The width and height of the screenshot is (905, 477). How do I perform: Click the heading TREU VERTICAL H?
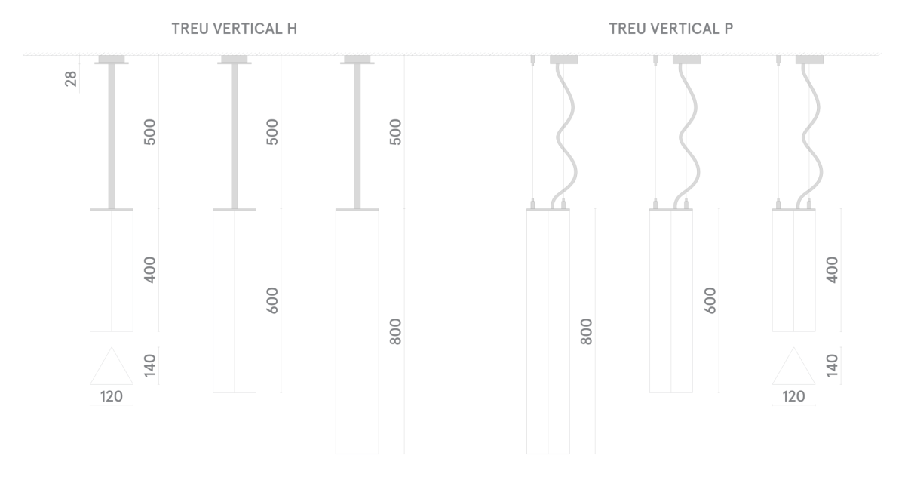pos(235,29)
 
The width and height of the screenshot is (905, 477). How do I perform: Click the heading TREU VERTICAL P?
pos(670,29)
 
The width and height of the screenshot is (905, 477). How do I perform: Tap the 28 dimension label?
pos(71,78)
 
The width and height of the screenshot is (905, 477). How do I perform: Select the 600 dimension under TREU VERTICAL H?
pos(273,300)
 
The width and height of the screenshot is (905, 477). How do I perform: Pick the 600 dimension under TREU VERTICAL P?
pos(710,300)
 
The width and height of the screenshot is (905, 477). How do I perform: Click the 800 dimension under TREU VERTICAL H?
pos(395,332)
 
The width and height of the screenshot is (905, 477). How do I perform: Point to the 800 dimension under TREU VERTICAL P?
pos(586,332)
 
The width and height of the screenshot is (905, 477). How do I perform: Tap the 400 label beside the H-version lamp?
pos(149,270)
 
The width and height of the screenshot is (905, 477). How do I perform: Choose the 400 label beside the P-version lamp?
pos(833,270)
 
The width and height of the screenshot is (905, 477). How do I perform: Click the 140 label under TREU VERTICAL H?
pos(149,365)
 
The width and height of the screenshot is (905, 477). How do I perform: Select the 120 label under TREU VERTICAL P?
pos(793,396)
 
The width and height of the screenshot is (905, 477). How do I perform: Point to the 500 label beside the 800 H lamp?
pos(395,132)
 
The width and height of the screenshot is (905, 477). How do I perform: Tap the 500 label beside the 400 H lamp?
pos(149,132)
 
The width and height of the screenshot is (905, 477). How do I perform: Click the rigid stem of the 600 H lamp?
pos(235,136)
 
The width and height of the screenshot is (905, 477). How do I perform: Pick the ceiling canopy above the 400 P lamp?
pos(809,60)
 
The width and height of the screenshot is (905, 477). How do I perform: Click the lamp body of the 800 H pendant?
pos(357,331)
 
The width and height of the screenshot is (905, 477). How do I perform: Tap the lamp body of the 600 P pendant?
pos(671,300)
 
